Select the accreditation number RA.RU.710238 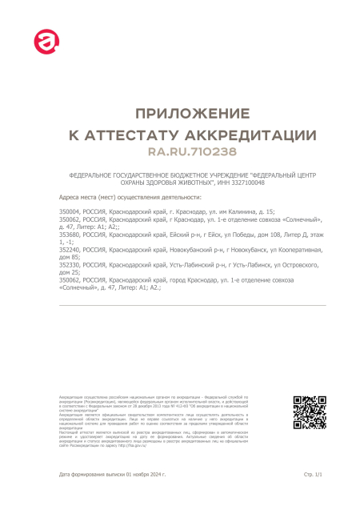(180, 151)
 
